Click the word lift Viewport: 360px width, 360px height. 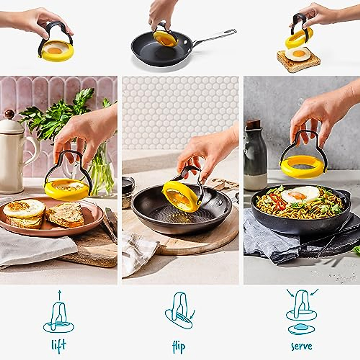(58, 346)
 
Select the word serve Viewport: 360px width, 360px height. (301, 346)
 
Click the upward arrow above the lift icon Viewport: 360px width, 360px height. (59, 295)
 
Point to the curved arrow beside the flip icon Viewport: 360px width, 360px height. (192, 314)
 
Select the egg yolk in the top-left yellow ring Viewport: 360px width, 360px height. (55, 50)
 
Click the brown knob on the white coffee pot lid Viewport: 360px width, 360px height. (10, 114)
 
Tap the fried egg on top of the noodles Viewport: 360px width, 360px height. (300, 194)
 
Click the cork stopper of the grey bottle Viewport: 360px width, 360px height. (254, 124)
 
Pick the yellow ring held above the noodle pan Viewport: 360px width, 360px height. (303, 166)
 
